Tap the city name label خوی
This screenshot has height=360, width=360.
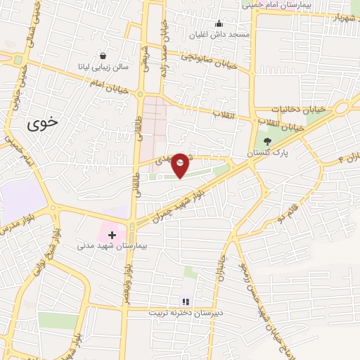43,124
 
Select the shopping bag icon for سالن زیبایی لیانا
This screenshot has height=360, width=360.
103,56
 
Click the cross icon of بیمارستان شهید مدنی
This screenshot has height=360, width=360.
112,233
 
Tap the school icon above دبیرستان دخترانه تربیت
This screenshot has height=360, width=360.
186,301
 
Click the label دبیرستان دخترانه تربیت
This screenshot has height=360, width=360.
184,313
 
